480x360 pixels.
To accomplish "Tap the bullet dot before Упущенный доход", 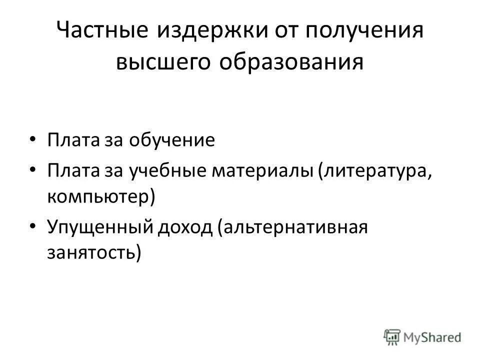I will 32,226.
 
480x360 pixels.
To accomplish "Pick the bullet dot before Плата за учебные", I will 32,169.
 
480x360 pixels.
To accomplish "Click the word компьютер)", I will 101,196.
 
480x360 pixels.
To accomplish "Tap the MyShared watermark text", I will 432,337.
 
